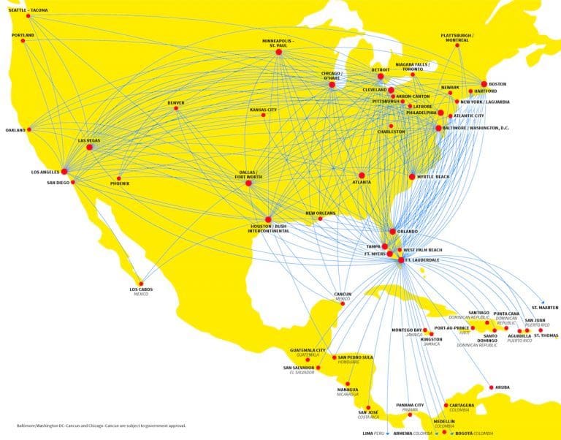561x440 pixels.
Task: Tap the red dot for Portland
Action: click(23, 41)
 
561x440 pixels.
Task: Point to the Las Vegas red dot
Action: click(90, 147)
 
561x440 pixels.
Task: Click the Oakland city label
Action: click(15, 130)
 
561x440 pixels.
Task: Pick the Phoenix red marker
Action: click(119, 178)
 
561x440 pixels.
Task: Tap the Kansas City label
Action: click(263, 110)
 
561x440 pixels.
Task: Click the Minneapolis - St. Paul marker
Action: click(278, 52)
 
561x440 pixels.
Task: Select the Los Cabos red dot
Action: click(141, 284)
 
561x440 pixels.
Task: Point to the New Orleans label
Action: click(320, 213)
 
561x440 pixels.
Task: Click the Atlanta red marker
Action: click(362, 176)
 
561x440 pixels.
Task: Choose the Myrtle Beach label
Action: click(435, 177)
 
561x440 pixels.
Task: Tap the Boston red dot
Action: click(484, 83)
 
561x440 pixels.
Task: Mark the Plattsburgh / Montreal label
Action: click(457, 37)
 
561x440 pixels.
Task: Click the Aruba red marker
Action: click(492, 387)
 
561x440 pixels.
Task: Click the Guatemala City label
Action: click(307, 350)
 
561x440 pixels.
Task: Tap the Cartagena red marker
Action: click(446, 405)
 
